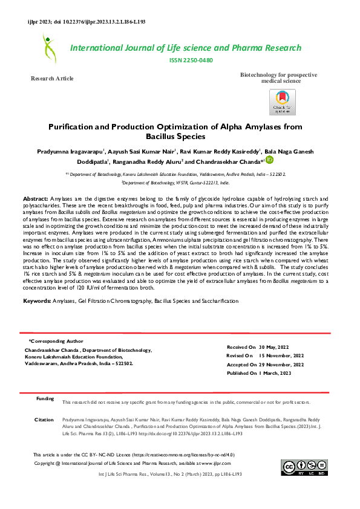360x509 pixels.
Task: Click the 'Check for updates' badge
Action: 282,101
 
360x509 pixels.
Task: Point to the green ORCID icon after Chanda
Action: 270,160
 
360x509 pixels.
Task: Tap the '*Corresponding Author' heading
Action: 56,341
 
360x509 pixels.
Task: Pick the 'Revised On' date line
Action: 264,357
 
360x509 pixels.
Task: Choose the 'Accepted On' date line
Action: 265,365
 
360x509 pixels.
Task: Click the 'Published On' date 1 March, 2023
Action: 259,374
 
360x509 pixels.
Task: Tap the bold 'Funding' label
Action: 45,399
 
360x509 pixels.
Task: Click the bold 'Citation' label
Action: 44,419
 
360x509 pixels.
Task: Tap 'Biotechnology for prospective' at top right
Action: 278,74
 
